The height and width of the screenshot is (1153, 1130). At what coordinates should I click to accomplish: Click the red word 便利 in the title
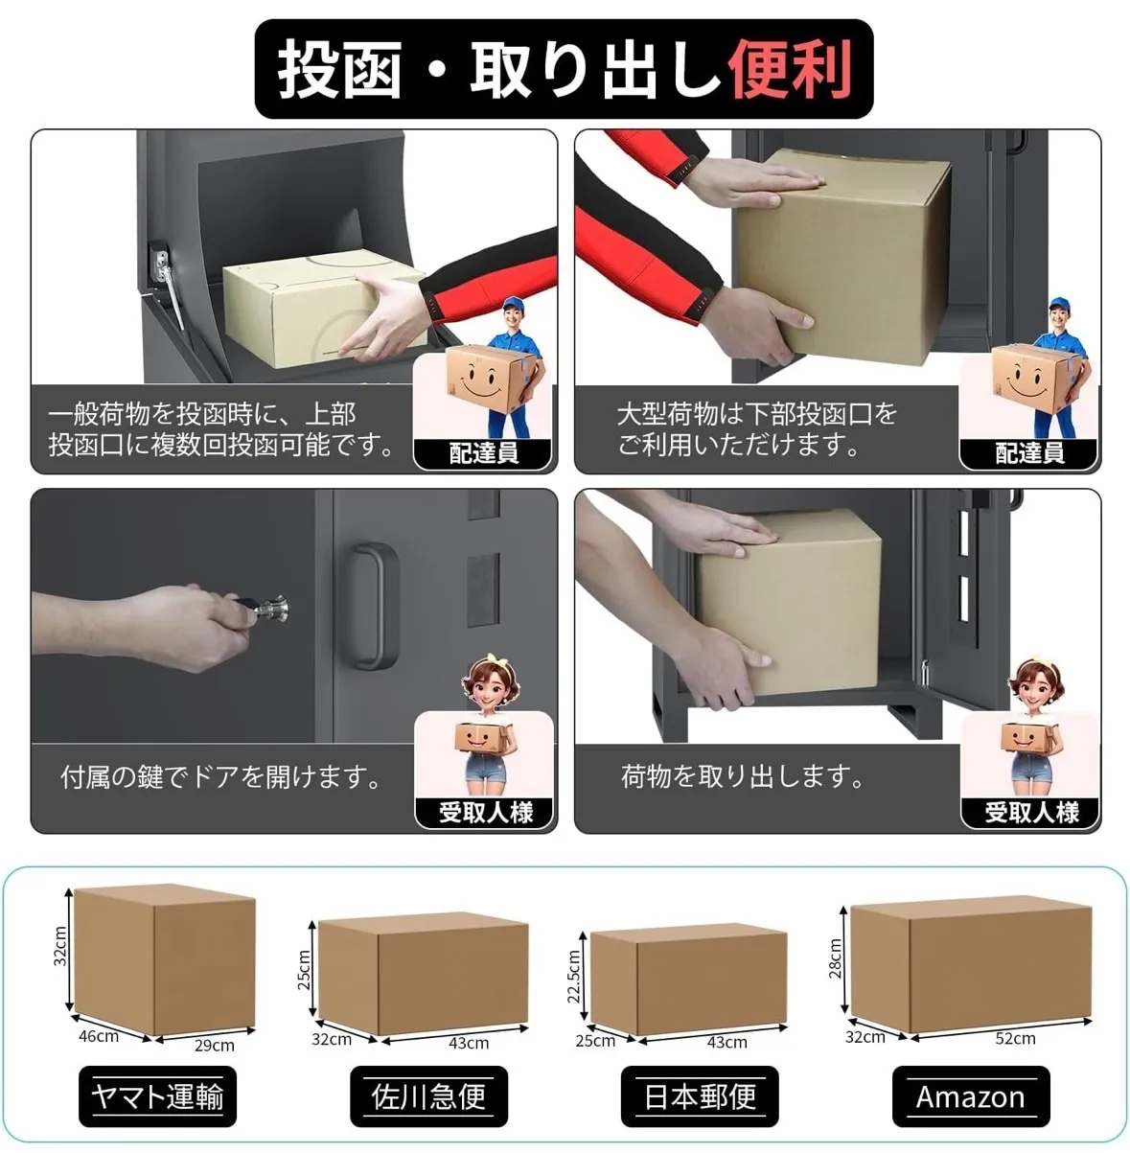click(790, 69)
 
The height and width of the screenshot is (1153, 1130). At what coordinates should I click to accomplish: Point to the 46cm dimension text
click(99, 1036)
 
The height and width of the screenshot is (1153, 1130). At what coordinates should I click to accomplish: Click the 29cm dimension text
click(215, 1046)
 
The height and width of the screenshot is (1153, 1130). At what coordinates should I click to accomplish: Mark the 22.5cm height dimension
click(573, 976)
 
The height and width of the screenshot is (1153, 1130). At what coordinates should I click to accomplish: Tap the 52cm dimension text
click(1015, 1038)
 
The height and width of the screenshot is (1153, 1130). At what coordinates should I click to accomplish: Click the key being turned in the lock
click(264, 607)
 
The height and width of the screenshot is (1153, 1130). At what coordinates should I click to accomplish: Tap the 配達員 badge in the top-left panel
click(483, 452)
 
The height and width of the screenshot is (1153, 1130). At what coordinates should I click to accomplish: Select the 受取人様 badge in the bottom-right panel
click(1030, 812)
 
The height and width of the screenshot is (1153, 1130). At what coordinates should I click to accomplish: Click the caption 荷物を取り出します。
click(742, 776)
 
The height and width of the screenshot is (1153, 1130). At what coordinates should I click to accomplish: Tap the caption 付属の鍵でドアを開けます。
click(220, 776)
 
